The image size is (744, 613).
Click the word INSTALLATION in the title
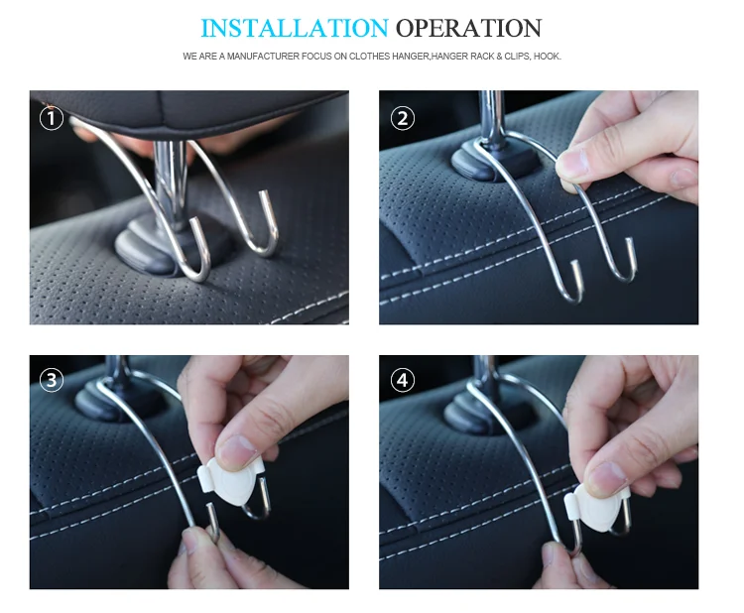point(294,27)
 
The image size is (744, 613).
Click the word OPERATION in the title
point(468,27)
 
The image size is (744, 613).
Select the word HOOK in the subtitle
point(547,57)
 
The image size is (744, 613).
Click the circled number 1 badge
point(52,119)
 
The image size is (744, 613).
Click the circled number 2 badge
point(401,119)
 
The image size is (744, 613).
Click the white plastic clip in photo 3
point(231,481)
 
